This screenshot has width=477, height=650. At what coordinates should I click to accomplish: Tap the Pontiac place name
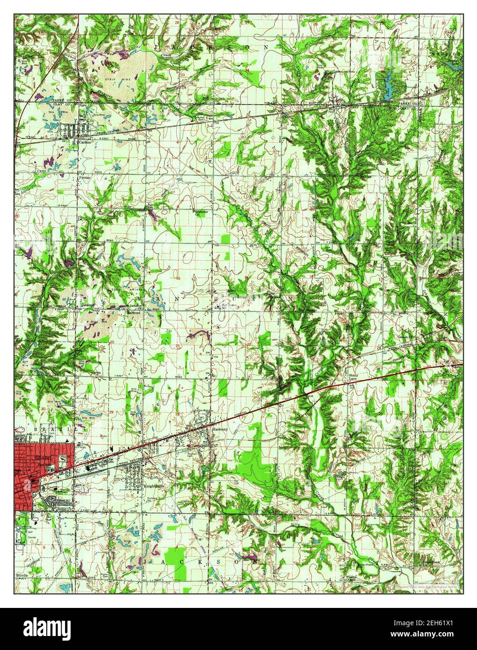pyautogui.click(x=84, y=178)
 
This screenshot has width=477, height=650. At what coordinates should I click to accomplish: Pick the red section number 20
pyautogui.click(x=112, y=342)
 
